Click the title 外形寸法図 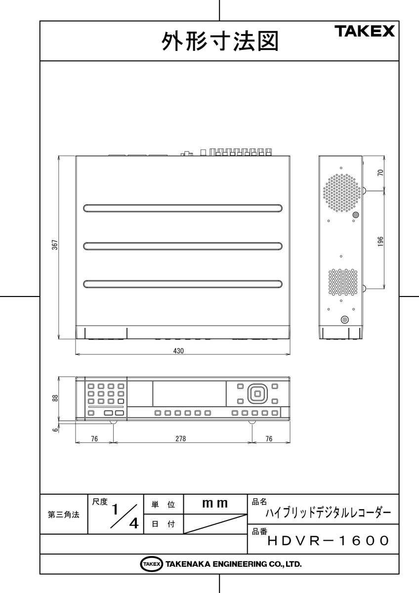(219, 42)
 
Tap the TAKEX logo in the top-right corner (366, 32)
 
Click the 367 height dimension (55, 246)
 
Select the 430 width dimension (179, 351)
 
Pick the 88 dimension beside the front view (55, 398)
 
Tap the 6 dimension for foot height (56, 429)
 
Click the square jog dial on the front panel (256, 393)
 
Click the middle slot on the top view (183, 246)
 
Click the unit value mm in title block (215, 504)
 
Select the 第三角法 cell (63, 514)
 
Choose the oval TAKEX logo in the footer (151, 564)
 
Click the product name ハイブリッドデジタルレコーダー (329, 512)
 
